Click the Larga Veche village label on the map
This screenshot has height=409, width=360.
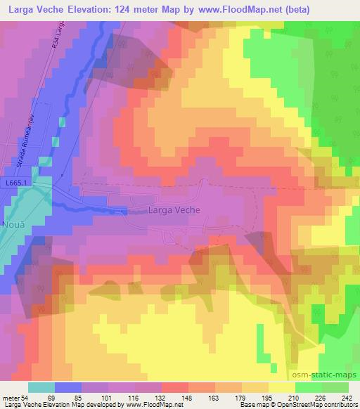pos(174,209)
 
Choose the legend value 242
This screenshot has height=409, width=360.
pos(344,398)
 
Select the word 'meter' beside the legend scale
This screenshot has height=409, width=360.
pos(11,398)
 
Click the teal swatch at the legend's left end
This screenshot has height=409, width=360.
pos(41,387)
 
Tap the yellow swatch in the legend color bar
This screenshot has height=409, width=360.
pos(281,387)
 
